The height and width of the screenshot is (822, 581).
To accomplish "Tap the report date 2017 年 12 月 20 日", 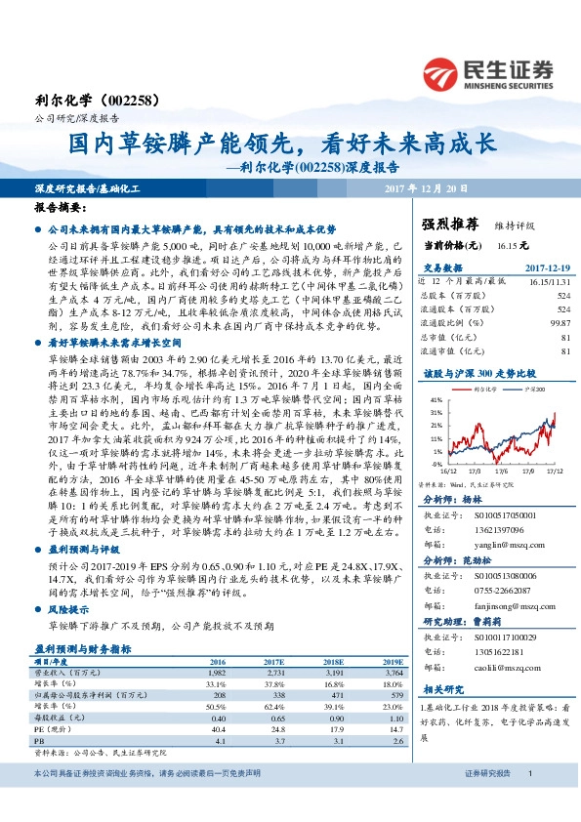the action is point(428,186).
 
